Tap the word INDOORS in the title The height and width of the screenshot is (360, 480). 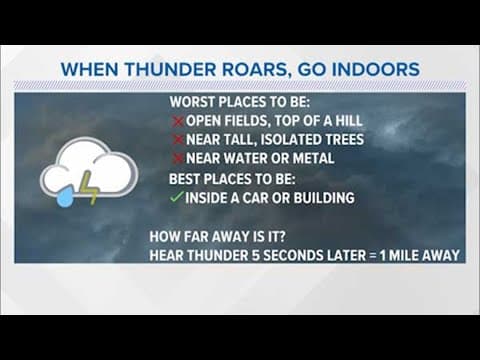click(x=371, y=70)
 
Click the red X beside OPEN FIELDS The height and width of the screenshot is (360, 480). click(x=177, y=121)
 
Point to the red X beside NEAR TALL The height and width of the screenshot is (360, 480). click(x=177, y=139)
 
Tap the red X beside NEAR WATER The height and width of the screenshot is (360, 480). click(x=177, y=158)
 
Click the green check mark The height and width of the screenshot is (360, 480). click(x=176, y=198)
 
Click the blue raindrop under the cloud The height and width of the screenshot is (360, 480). click(x=65, y=197)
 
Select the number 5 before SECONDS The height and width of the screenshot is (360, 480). click(x=244, y=255)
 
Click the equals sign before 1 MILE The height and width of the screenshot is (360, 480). click(x=368, y=255)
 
